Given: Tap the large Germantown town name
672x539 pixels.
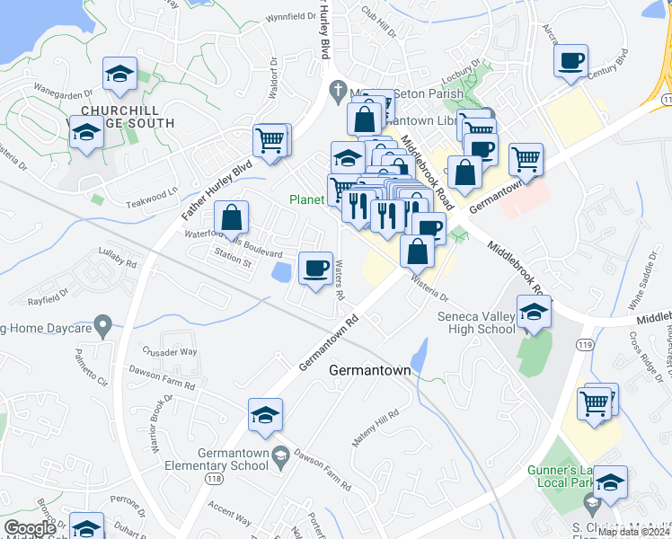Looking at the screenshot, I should click(370, 369).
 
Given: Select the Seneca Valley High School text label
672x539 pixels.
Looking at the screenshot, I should click(476, 323).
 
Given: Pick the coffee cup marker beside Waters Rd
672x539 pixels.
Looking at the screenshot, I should click(314, 269).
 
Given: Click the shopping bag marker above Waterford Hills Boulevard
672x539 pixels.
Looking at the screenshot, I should click(232, 217).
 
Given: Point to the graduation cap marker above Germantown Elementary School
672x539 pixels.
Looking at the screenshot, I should click(266, 414).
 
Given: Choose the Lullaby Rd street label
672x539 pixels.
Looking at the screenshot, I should click(118, 264).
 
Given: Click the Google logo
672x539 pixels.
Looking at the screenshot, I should click(30, 528).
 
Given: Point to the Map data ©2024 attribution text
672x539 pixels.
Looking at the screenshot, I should click(633, 532).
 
